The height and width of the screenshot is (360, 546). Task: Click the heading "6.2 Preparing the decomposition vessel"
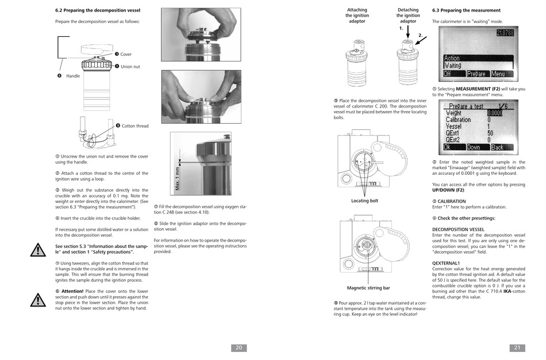click(x=97, y=10)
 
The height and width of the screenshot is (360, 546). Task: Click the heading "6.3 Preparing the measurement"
click(x=466, y=10)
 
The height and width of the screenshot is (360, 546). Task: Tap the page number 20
click(x=239, y=347)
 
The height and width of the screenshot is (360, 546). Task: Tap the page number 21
click(x=517, y=347)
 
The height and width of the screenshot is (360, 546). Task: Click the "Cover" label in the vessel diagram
click(x=125, y=55)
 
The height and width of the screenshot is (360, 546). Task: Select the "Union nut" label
click(x=130, y=67)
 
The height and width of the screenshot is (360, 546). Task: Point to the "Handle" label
click(x=73, y=76)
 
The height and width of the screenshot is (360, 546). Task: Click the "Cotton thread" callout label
click(x=134, y=126)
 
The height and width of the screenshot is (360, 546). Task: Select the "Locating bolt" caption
click(x=364, y=201)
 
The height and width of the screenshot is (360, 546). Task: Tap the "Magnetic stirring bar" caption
click(x=368, y=288)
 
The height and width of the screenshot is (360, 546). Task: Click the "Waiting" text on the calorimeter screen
click(x=453, y=66)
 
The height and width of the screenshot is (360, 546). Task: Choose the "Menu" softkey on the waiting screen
click(x=498, y=74)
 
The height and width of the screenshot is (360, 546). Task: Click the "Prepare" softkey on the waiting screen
click(x=476, y=74)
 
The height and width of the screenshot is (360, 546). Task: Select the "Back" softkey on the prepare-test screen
click(x=498, y=147)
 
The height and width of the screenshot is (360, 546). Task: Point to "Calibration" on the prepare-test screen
click(x=458, y=120)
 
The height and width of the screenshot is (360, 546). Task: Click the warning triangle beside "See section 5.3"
click(x=38, y=250)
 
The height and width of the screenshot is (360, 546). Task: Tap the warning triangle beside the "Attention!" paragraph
click(x=38, y=300)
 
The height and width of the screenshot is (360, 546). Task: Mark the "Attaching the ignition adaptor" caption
click(x=357, y=16)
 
